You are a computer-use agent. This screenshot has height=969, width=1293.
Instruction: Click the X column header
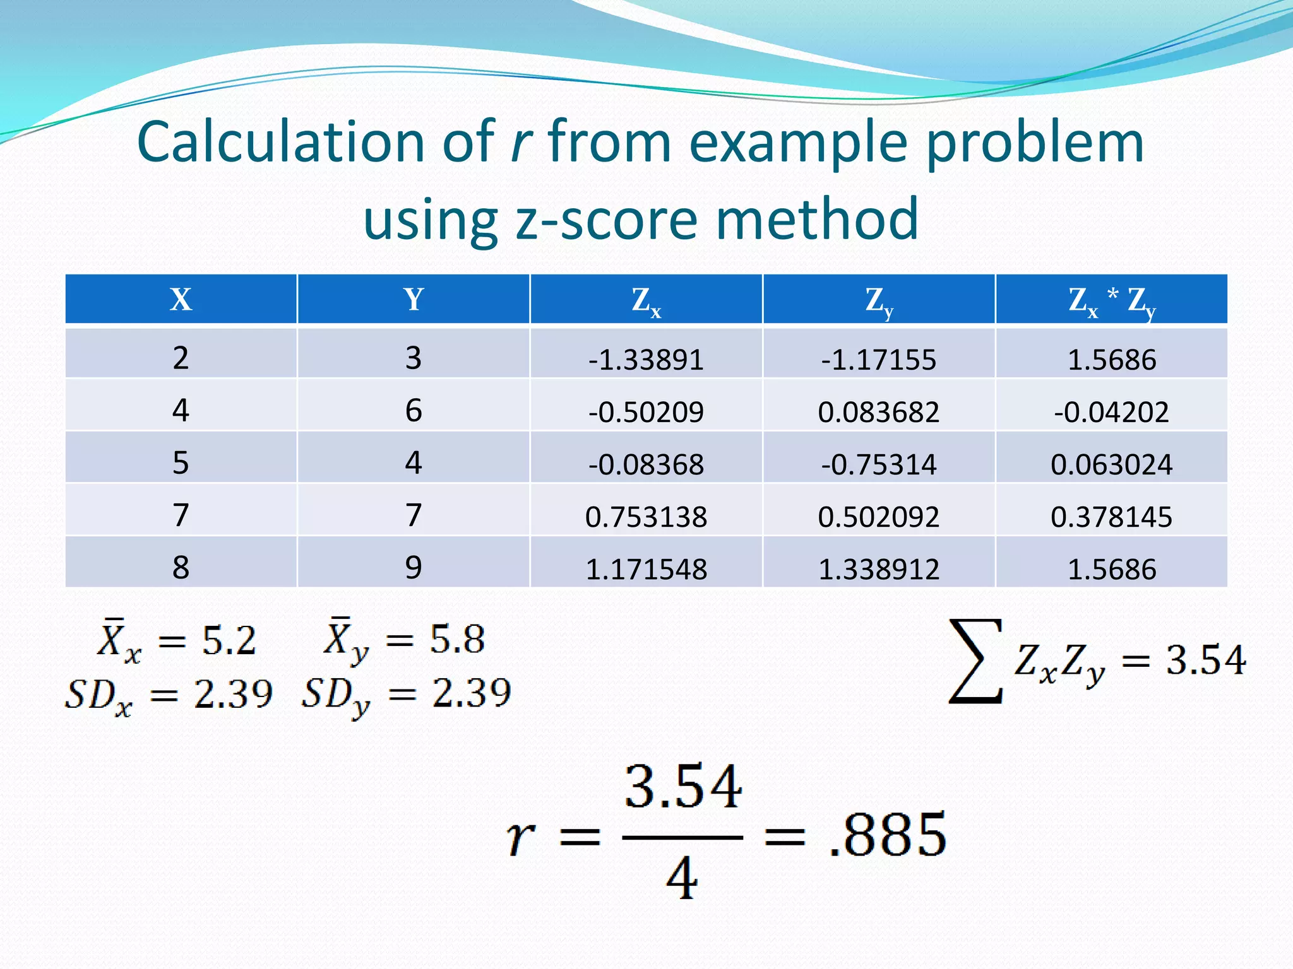point(181,300)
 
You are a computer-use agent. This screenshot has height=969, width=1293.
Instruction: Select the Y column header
point(414,300)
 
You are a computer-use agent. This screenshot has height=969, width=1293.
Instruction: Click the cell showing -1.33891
point(646,360)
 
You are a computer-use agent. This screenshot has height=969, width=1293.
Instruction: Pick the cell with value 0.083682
point(878,412)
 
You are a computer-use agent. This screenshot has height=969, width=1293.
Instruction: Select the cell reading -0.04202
point(1111,412)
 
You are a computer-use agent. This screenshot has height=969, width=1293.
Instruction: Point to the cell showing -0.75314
point(878,464)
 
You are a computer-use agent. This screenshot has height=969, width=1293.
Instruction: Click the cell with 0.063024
point(1111,464)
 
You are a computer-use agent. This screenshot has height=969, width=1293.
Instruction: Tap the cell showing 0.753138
point(646,517)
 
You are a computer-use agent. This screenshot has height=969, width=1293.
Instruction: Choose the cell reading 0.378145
point(1111,517)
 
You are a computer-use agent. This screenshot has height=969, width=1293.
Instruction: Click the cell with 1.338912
point(878,569)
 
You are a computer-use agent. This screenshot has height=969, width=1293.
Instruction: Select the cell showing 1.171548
point(646,569)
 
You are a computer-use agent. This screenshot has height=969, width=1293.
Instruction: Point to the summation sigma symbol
point(975,661)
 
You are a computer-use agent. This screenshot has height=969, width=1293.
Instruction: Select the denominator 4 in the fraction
point(682,878)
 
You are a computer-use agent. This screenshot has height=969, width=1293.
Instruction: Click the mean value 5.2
point(229,640)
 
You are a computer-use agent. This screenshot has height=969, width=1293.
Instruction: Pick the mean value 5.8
point(457,638)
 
